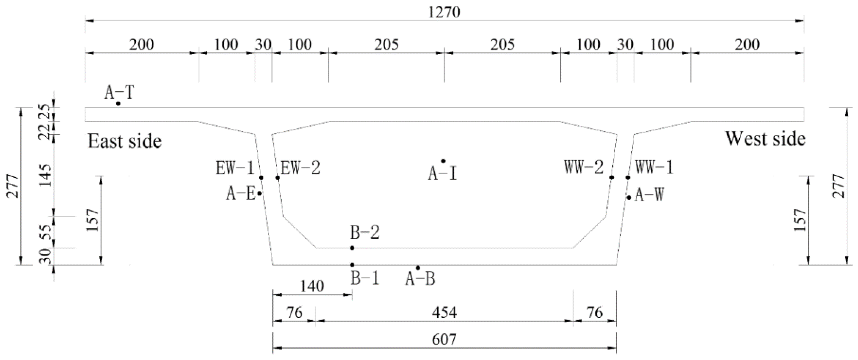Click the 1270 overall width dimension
pyautogui.click(x=444, y=12)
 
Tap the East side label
pyautogui.click(x=124, y=141)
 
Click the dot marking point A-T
pyautogui.click(x=118, y=104)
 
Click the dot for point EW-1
pyautogui.click(x=262, y=178)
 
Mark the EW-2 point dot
pyautogui.click(x=277, y=178)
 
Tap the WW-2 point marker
pyautogui.click(x=612, y=178)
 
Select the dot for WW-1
pyautogui.click(x=628, y=178)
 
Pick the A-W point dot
pyautogui.click(x=629, y=198)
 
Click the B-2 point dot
pyautogui.click(x=352, y=248)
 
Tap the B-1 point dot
pyautogui.click(x=352, y=265)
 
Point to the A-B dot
pyautogui.click(x=418, y=268)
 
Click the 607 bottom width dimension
pyautogui.click(x=444, y=340)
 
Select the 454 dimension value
pyautogui.click(x=444, y=313)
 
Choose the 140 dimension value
pyautogui.click(x=312, y=286)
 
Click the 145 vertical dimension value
pyautogui.click(x=45, y=176)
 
